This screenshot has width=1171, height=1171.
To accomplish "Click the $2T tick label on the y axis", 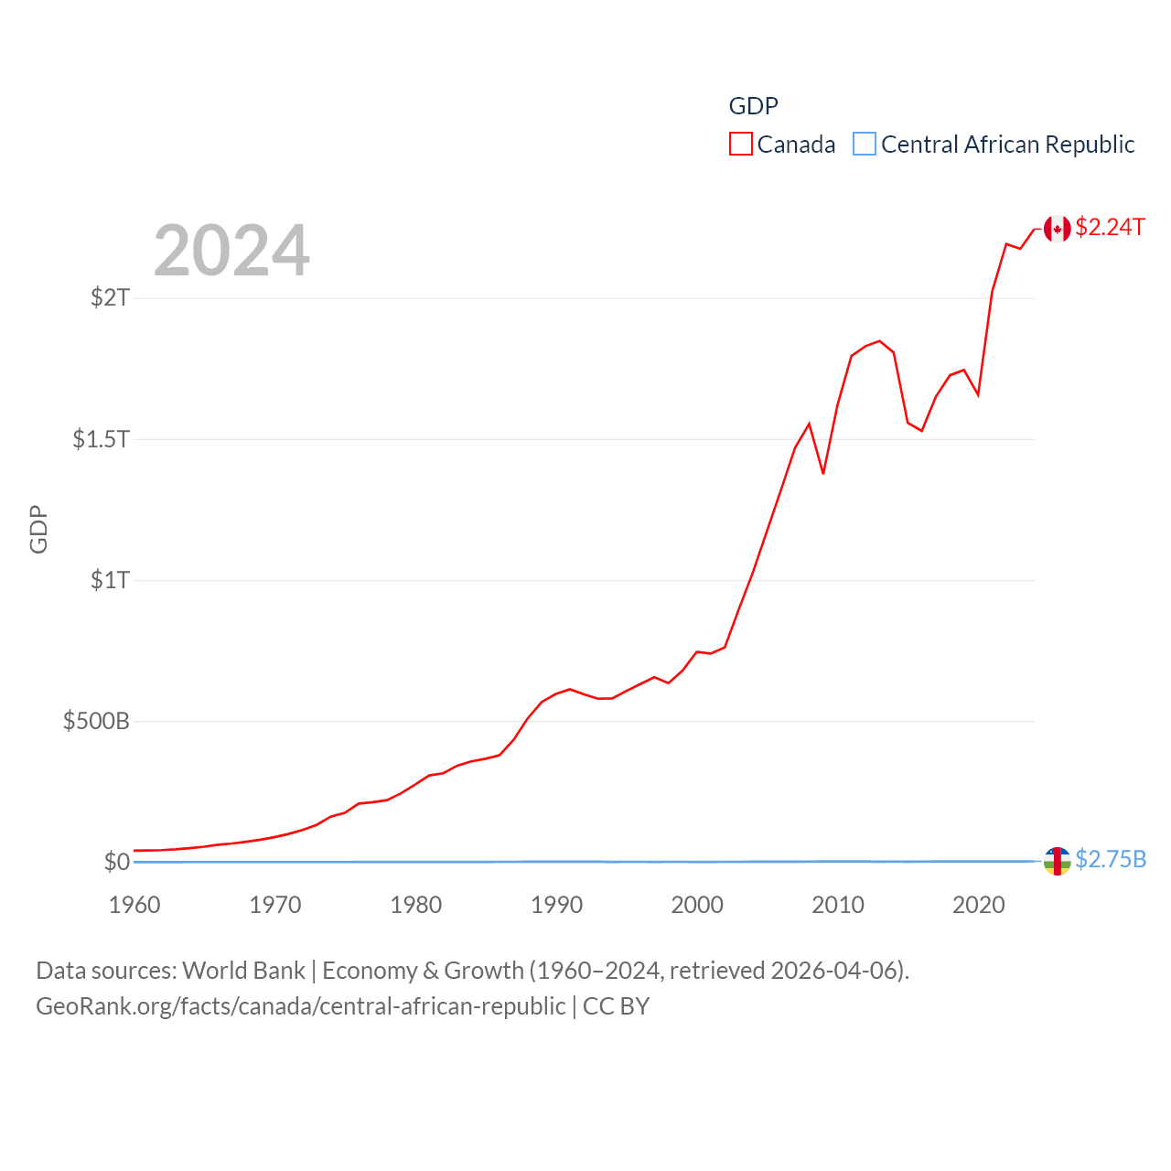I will [110, 297].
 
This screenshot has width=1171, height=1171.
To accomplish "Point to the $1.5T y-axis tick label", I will [101, 439].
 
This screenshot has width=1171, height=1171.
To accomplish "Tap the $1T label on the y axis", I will [110, 580].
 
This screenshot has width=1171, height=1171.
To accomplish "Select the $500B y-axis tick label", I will [96, 721].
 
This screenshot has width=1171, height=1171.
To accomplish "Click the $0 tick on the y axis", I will [116, 862].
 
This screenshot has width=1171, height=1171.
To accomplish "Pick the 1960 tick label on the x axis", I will [134, 905].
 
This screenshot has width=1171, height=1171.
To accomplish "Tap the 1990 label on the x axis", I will [556, 905].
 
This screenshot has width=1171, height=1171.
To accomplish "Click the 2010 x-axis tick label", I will [838, 905].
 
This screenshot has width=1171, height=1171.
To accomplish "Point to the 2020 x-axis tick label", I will [979, 905].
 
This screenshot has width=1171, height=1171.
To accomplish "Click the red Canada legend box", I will [740, 145].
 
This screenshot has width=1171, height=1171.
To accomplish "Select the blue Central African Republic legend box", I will [864, 145].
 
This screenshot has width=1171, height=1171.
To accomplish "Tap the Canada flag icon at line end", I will [1057, 229].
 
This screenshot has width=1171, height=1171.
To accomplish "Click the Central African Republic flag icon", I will [1057, 861].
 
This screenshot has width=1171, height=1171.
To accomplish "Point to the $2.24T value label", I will [1110, 227].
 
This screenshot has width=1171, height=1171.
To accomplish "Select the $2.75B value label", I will [1111, 859].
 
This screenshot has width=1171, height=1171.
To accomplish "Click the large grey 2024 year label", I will [231, 251].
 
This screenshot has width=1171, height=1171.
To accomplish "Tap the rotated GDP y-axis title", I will [38, 529].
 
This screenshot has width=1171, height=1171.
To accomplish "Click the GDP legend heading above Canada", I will [753, 106].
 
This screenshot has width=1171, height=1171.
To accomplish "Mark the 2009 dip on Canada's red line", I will [823, 473].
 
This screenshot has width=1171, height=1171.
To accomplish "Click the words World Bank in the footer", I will [243, 970].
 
